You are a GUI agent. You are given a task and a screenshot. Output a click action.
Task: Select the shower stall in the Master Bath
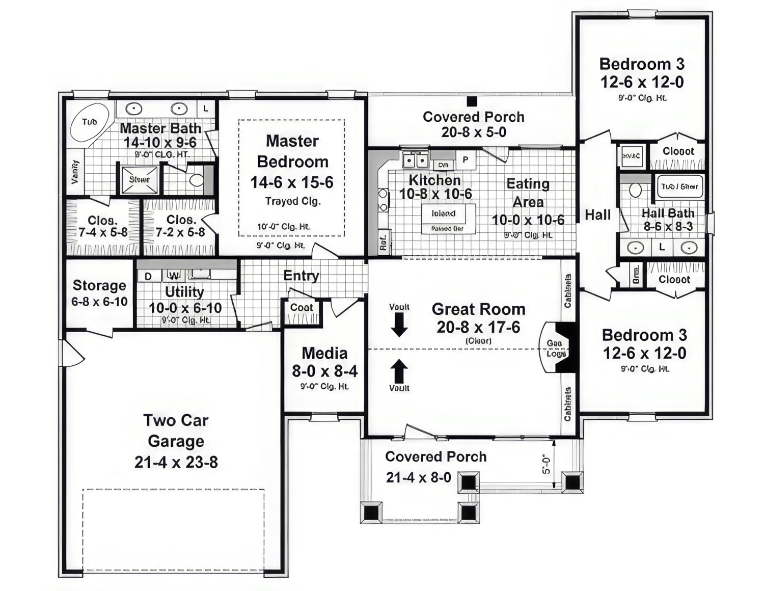pyautogui.click(x=139, y=179)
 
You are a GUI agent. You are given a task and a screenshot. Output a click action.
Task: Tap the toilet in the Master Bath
pyautogui.click(x=196, y=180)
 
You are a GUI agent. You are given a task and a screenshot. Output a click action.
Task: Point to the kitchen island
pyautogui.click(x=448, y=218)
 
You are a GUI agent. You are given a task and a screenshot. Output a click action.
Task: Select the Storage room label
pyautogui.click(x=99, y=285)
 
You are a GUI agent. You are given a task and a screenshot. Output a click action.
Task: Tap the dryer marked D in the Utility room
pyautogui.click(x=148, y=276)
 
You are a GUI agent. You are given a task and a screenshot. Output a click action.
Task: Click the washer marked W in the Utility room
pyautogui.click(x=174, y=276)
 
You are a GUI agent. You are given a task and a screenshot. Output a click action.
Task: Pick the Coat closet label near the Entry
pyautogui.click(x=302, y=307)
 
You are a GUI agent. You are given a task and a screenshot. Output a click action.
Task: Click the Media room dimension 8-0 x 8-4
pyautogui.click(x=324, y=371)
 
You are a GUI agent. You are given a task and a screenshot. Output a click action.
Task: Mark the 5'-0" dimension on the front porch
pyautogui.click(x=547, y=464)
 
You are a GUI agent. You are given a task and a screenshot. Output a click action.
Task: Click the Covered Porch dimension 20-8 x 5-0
pyautogui.click(x=473, y=132)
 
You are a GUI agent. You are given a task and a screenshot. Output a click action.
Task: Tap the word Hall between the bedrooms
pyautogui.click(x=597, y=215)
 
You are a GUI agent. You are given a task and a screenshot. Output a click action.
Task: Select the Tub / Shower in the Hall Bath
pyautogui.click(x=679, y=186)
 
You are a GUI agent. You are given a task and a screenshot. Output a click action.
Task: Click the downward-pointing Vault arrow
pyautogui.click(x=399, y=325)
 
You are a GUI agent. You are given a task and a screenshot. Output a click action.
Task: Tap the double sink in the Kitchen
pyautogui.click(x=416, y=161)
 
